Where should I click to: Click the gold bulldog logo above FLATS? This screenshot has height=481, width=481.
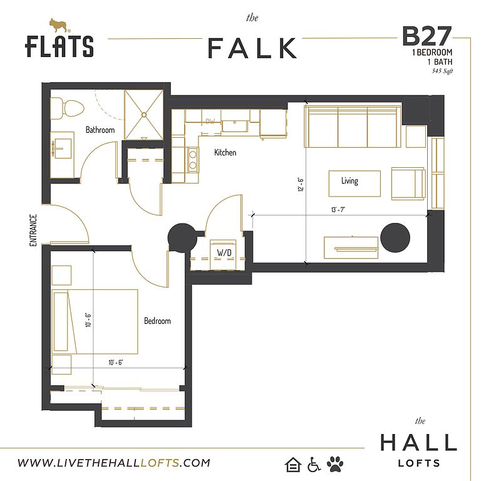(x=59, y=26)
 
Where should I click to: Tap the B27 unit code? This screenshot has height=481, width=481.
(x=427, y=36)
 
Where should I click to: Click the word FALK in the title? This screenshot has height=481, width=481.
(x=252, y=48)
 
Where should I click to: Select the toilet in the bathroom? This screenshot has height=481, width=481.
(x=67, y=108)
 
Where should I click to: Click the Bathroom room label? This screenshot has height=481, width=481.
(x=100, y=130)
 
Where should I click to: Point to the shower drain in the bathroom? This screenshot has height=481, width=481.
(x=144, y=115)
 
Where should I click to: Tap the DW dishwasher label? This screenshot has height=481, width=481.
(x=210, y=122)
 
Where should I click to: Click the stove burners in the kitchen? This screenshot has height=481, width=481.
(x=193, y=160)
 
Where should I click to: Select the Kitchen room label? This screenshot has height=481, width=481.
(x=225, y=152)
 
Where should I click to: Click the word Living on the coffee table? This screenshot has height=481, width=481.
(x=349, y=180)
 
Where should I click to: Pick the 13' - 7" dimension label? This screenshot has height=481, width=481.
(x=338, y=210)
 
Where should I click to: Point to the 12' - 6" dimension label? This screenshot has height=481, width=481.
(x=301, y=184)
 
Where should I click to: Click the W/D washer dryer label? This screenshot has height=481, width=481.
(x=224, y=252)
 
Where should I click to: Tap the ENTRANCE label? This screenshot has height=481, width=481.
(x=33, y=230)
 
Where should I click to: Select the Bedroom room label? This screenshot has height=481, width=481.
(x=157, y=321)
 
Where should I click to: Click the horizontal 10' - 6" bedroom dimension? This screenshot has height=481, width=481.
(x=116, y=363)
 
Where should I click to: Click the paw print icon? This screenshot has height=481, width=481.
(x=335, y=464)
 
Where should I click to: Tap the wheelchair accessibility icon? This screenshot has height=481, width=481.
(x=314, y=465)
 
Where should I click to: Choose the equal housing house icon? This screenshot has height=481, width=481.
(x=293, y=465)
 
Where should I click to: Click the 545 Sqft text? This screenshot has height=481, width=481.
(x=442, y=71)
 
